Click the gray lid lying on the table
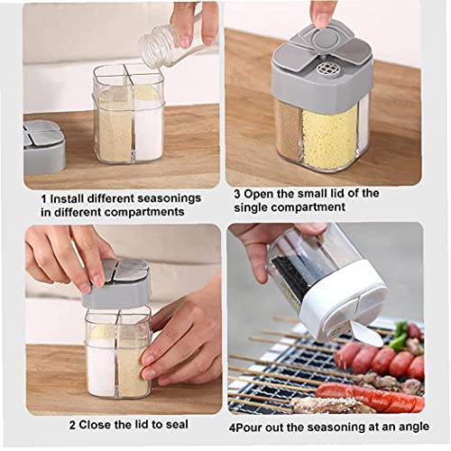tap(44, 146)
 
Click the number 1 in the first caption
tap(43, 197)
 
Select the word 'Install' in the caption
tap(71, 197)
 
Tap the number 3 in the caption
tap(238, 192)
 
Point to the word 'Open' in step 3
tap(264, 192)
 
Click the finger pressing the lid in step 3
tap(323, 12)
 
